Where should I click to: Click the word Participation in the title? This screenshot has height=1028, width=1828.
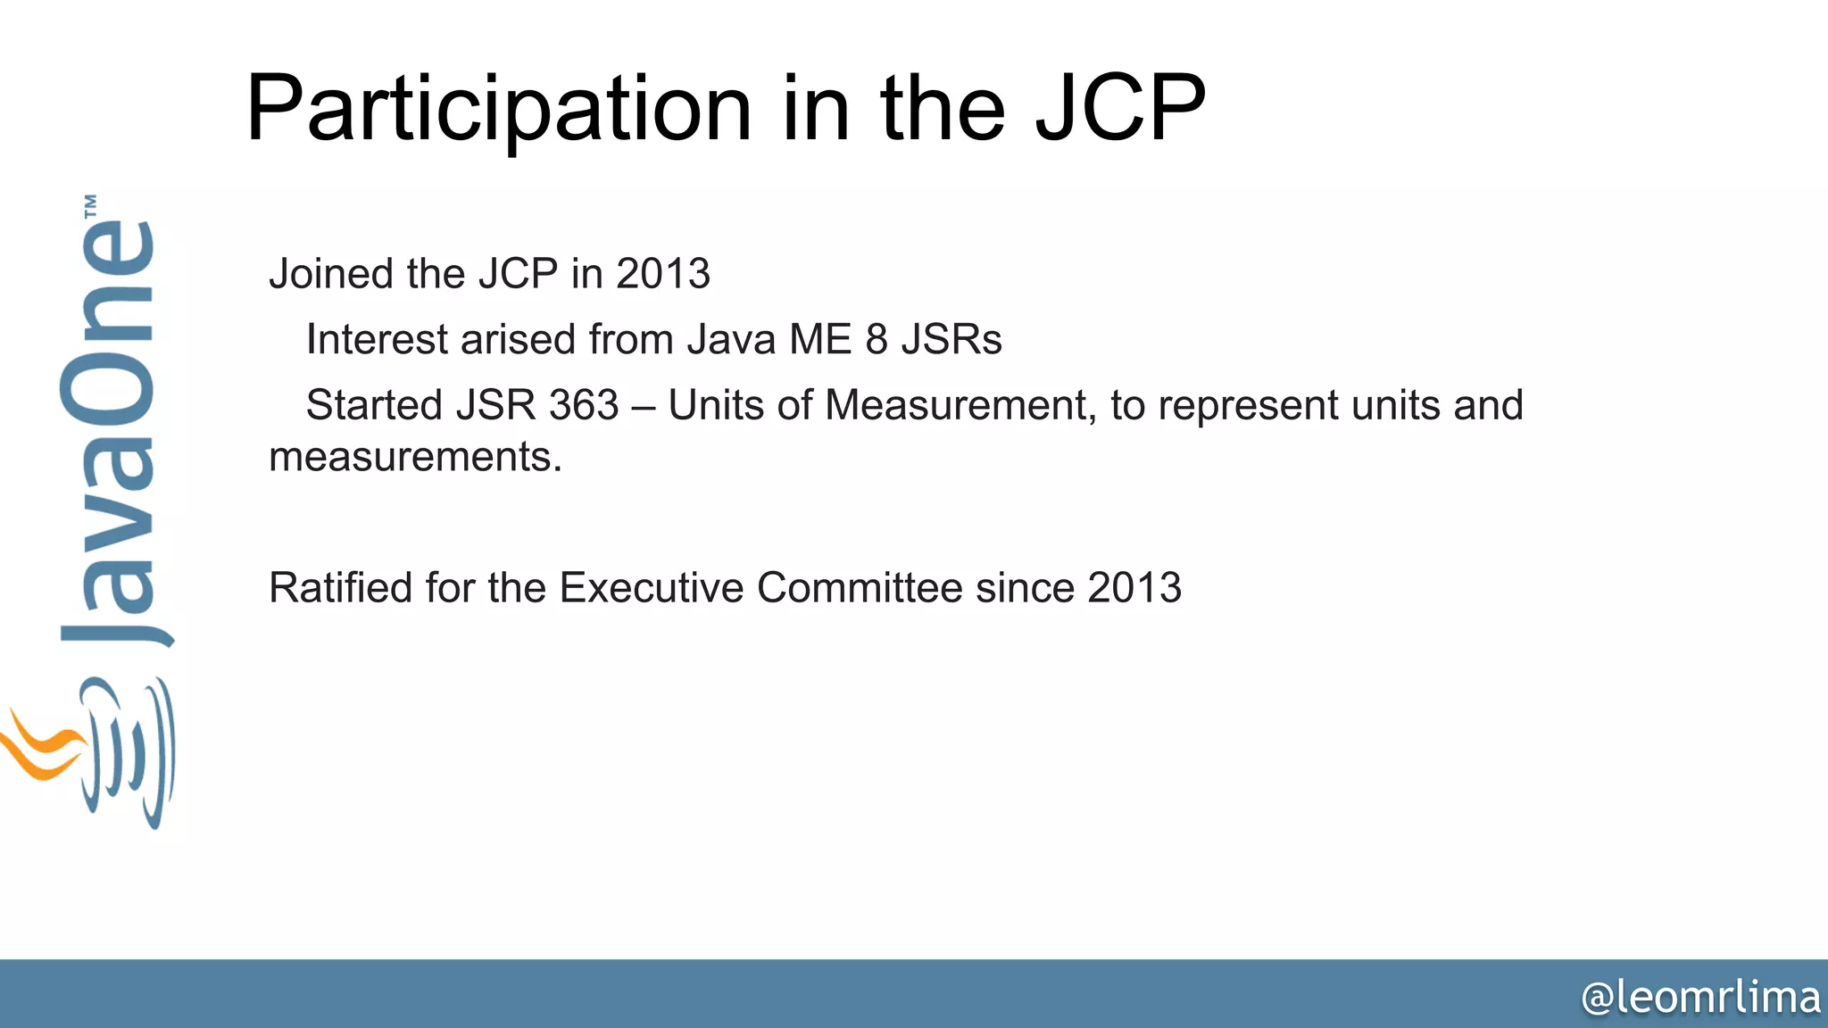point(498,109)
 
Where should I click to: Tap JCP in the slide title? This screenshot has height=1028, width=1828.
point(1120,109)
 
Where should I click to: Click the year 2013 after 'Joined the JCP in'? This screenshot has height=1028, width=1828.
point(663,274)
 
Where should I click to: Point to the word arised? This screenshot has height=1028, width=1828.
point(518,340)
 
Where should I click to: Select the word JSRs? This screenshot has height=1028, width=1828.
point(951,340)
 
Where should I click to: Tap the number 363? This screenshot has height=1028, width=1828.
point(584,406)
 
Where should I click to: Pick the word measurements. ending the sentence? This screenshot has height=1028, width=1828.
point(415,458)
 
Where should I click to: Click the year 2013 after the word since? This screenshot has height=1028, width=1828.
point(1134,588)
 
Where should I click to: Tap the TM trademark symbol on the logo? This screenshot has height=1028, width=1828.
point(90,206)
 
